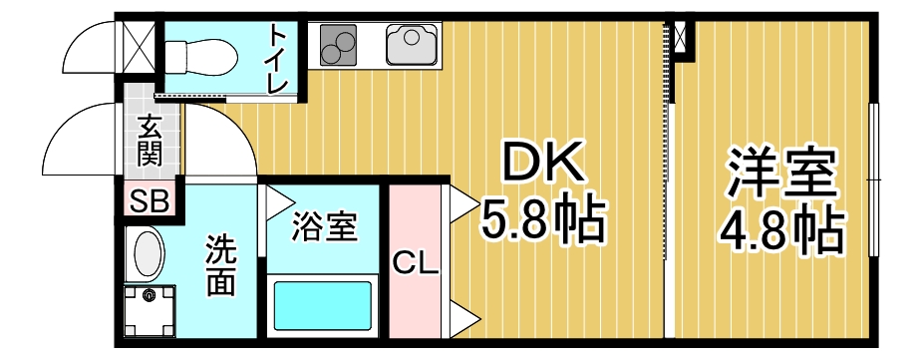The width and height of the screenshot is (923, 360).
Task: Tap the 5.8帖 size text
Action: [544, 221]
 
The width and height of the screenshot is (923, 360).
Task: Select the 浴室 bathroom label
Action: [323, 227]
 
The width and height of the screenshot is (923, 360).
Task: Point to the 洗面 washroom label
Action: [220, 265]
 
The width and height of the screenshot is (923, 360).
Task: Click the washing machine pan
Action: [151, 310]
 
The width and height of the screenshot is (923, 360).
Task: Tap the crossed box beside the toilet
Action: [138, 43]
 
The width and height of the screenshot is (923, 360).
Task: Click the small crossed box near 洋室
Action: [681, 38]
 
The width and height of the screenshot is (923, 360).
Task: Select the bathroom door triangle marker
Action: [274, 199]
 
